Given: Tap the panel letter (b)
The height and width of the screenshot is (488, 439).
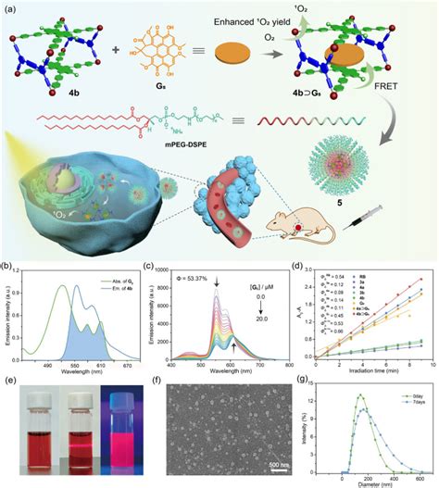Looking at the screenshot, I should [x=7, y=272].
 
